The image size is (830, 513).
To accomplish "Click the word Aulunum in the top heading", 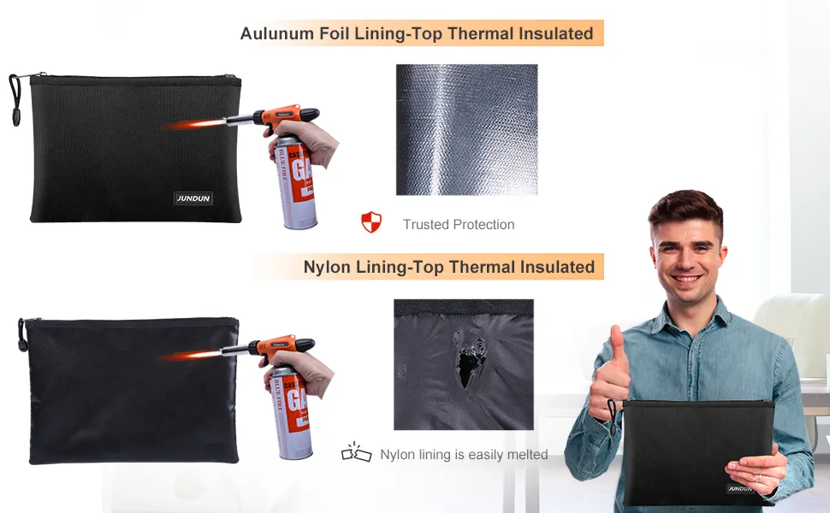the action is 277,33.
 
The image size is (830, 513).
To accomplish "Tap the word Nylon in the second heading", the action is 327,267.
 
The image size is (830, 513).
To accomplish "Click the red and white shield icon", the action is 371,222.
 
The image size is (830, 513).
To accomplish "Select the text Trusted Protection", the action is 459,224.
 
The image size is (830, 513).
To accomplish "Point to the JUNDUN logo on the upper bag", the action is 193,198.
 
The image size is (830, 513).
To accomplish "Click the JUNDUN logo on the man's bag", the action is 739,488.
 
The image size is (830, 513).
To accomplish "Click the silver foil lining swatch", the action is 467,130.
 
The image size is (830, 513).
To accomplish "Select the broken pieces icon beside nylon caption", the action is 356,452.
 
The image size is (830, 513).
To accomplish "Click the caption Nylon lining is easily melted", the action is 464,454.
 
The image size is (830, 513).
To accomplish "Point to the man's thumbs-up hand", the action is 610,370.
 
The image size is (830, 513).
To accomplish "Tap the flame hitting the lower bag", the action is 189,356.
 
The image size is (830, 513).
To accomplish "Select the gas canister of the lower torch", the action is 292,412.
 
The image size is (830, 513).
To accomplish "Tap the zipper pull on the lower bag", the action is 22,335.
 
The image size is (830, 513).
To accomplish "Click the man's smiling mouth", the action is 686,279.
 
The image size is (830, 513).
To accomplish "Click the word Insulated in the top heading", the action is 556,33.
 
